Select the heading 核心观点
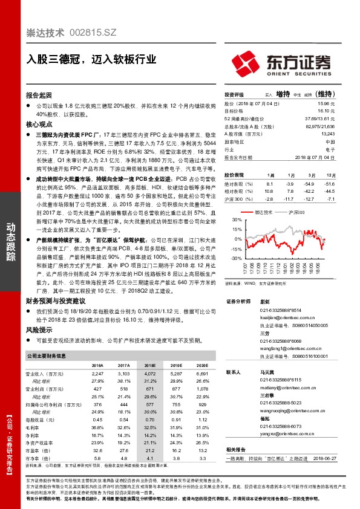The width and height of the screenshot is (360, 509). point(39,124)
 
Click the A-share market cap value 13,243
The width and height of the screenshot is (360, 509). point(328,134)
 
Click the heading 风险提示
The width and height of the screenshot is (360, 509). point(39,331)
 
